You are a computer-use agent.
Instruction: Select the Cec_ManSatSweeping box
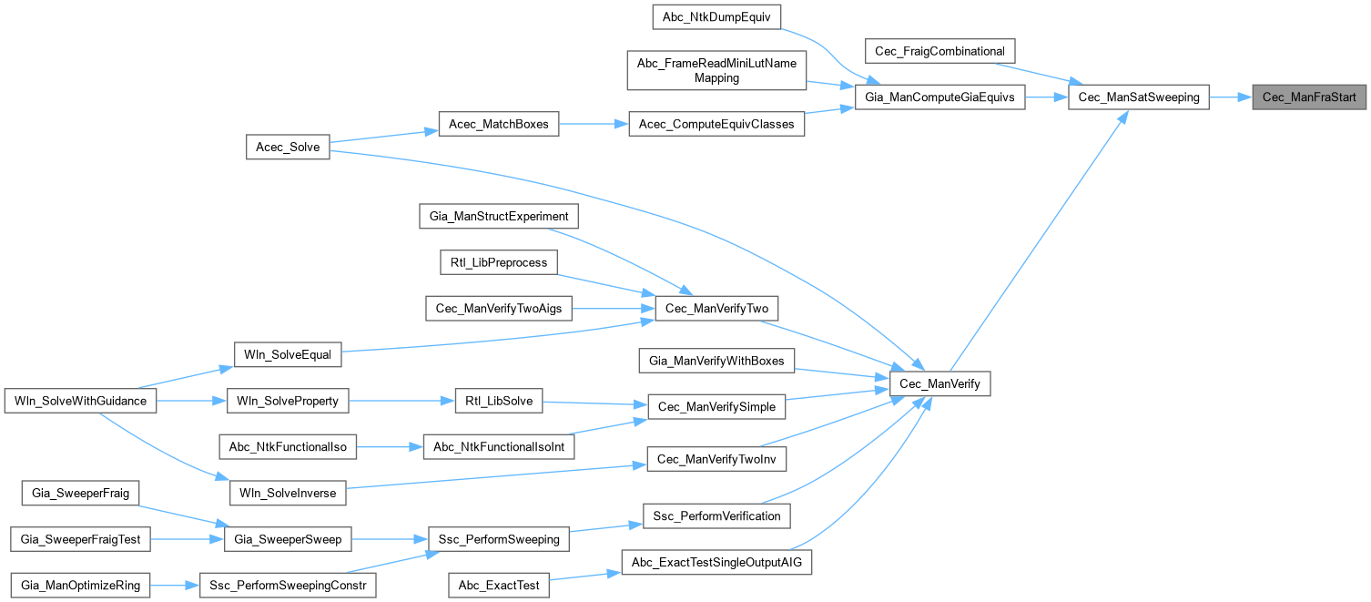(1138, 96)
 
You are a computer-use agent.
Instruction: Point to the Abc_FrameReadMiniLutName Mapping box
(716, 70)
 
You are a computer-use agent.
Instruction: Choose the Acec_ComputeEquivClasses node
(716, 124)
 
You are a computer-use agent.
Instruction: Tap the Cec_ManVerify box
(939, 384)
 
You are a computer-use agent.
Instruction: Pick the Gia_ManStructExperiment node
(499, 217)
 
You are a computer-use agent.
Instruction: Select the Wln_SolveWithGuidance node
(81, 400)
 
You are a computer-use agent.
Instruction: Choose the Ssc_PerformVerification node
(717, 515)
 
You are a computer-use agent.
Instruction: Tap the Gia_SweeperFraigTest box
(81, 539)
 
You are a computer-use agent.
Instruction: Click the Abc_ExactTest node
(499, 585)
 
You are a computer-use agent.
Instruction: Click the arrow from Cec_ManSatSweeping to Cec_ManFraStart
(1230, 96)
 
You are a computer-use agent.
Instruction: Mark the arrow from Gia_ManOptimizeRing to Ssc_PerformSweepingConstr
(174, 585)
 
